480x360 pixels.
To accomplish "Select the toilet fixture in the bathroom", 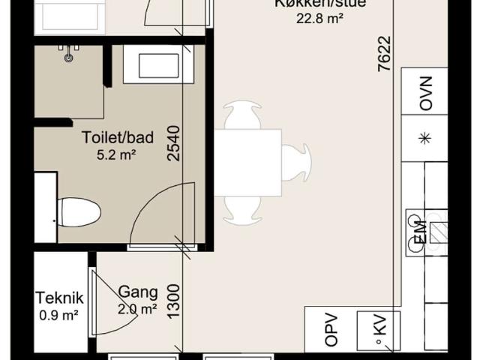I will (78, 211).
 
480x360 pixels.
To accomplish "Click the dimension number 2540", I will (174, 144).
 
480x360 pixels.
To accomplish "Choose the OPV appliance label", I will (331, 330).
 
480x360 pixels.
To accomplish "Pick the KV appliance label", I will (379, 329).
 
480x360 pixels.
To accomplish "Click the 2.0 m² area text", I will (136, 308).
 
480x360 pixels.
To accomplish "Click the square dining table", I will (247, 162).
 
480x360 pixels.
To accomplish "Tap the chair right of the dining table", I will (295, 163).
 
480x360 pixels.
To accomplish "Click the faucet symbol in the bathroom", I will (70, 53).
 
